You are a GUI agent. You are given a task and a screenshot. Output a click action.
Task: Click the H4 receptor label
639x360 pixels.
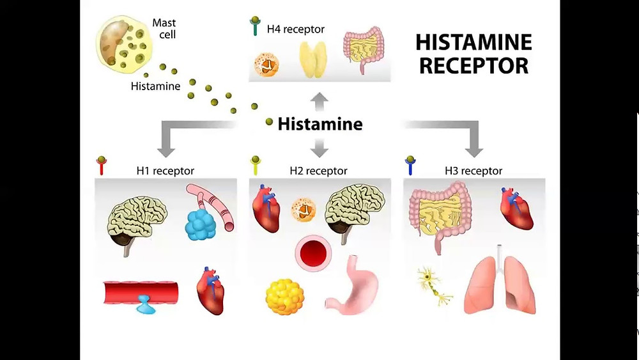point(295,29)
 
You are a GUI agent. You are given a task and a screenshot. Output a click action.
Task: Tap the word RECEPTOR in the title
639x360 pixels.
point(473,65)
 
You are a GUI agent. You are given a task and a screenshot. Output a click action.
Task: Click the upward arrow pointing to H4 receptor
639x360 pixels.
point(319,100)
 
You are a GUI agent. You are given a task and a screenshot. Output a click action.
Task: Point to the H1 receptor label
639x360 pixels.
point(165,171)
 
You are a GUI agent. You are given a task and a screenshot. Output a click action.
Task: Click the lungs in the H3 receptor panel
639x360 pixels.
point(500,284)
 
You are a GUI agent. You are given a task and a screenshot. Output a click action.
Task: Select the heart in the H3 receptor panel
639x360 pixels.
point(516,212)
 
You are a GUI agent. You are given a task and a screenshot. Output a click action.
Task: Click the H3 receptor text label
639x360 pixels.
point(473,171)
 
